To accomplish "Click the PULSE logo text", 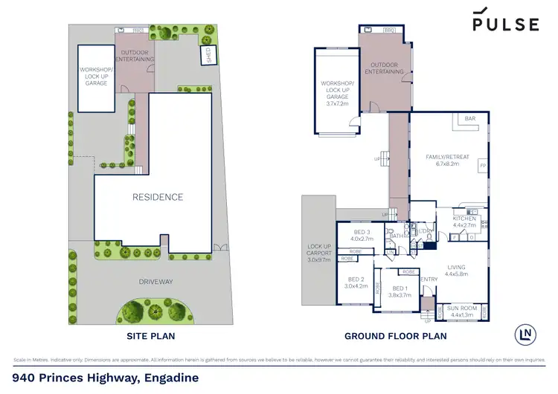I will pos(506,24).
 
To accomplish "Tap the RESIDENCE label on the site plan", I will pos(157,197).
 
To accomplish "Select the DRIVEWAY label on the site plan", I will pos(156,282).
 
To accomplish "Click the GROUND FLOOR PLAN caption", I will pos(395,336).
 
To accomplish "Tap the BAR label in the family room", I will pos(469,119).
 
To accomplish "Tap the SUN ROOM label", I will pos(462,311).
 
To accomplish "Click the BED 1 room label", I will pos(400,291).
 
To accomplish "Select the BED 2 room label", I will pos(356,282).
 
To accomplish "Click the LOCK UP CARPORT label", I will pos(318,254).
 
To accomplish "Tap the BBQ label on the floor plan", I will pos(389,30).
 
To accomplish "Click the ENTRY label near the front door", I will pos(430,280).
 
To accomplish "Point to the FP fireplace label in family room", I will pos(482,165).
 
